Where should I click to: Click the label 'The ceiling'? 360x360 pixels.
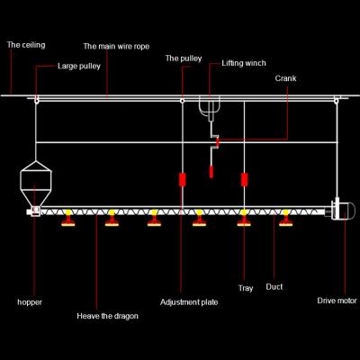pos(26,45)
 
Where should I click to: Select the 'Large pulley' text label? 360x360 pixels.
pos(79,66)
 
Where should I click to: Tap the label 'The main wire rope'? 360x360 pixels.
pos(116,47)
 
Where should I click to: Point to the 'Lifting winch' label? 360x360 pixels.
pos(244,63)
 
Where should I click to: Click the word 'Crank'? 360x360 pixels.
pos(285,78)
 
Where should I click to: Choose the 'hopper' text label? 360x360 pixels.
pos(30,302)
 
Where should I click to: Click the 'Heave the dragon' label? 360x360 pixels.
pos(107,316)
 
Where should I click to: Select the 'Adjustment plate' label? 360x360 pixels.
pos(189,302)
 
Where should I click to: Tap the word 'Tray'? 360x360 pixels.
pos(246,288)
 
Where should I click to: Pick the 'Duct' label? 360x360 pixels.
pos(274,287)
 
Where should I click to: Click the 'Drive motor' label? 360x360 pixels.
pos(337,301)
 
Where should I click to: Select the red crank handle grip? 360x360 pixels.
pos(211,171)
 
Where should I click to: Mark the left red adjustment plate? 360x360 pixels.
pos(182,179)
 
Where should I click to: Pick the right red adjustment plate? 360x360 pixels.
pos(245,179)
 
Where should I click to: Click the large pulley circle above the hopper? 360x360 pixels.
pos(36,100)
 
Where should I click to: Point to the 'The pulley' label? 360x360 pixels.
pos(184,58)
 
